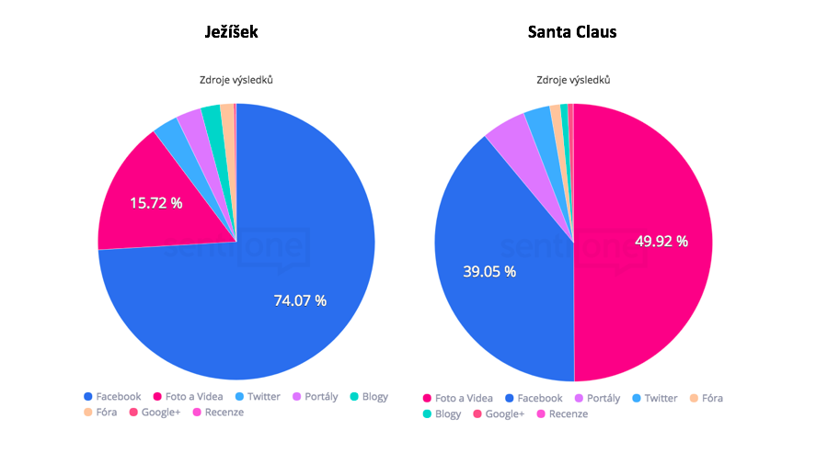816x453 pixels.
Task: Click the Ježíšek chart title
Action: (231, 32)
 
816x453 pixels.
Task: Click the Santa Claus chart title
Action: (572, 32)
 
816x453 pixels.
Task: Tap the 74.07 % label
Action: (300, 300)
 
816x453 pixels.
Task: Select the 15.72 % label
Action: (155, 202)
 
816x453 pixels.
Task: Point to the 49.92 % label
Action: (661, 242)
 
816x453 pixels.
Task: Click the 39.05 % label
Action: (488, 271)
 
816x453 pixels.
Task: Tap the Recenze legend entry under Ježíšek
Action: (218, 413)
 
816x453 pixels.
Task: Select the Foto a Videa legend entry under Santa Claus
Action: (457, 398)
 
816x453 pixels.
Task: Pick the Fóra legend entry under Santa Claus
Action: (706, 398)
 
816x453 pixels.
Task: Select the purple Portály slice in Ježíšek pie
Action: (190, 123)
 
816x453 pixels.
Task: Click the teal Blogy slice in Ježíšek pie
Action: (212, 117)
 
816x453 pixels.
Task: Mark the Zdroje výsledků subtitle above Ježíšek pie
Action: (236, 80)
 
